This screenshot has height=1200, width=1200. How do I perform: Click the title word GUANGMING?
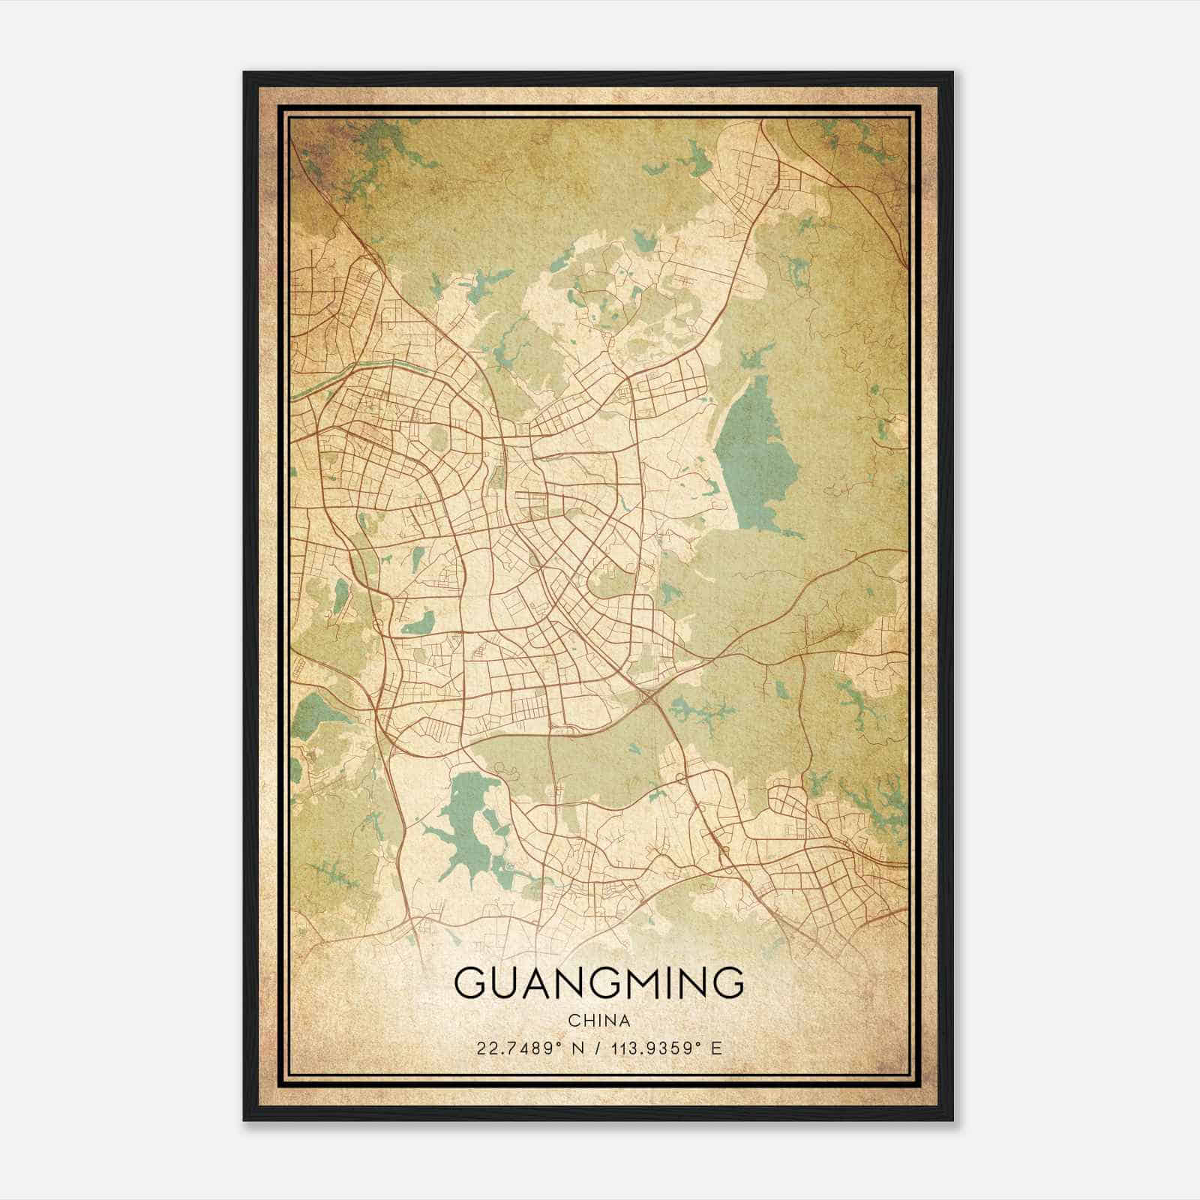[598, 982]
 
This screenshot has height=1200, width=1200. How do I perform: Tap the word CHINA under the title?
[598, 1021]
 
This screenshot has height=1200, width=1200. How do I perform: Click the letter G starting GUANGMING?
[470, 982]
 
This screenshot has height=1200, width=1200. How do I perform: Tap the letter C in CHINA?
[573, 1021]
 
